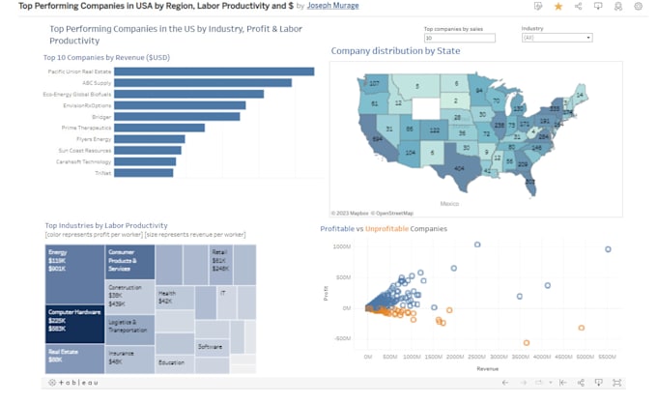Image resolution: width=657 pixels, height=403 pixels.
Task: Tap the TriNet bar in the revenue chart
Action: click(x=144, y=173)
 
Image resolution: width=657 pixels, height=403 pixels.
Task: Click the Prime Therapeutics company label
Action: click(x=86, y=128)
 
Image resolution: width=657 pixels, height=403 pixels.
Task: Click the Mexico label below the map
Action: click(x=448, y=204)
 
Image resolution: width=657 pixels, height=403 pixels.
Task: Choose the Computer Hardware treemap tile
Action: click(x=74, y=323)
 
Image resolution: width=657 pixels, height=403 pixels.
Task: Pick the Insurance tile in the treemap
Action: click(x=129, y=359)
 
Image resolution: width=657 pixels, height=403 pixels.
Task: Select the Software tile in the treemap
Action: click(x=211, y=346)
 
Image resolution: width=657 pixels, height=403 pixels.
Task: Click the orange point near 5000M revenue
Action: click(x=582, y=328)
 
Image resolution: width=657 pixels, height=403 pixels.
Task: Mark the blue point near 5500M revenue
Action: click(x=608, y=249)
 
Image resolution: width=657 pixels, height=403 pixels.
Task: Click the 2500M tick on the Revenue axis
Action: click(x=477, y=357)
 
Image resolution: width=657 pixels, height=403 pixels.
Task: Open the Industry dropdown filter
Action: click(x=557, y=38)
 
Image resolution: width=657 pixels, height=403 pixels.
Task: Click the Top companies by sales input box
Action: click(x=459, y=38)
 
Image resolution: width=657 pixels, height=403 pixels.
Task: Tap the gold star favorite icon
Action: click(x=558, y=6)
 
